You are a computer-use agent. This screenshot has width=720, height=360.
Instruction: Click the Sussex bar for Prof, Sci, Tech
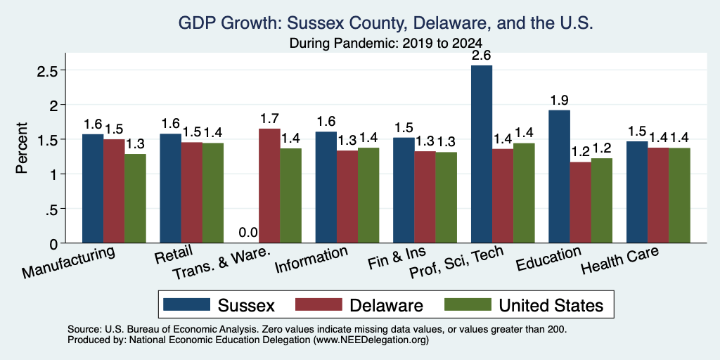click(482, 154)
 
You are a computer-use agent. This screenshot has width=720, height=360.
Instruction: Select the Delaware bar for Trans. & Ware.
click(270, 186)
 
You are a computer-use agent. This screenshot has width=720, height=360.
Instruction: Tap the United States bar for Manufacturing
click(136, 198)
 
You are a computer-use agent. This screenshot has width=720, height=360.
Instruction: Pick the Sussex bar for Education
click(559, 176)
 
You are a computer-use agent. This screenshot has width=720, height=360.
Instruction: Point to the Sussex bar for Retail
click(170, 188)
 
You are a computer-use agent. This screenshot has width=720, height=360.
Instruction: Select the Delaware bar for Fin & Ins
click(425, 197)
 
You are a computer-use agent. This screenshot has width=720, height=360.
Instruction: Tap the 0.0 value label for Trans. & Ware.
click(248, 233)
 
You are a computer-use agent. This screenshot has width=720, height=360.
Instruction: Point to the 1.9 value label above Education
click(559, 100)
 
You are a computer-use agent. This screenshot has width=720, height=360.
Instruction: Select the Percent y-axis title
click(22, 148)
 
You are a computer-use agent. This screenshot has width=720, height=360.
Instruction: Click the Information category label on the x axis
click(311, 260)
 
